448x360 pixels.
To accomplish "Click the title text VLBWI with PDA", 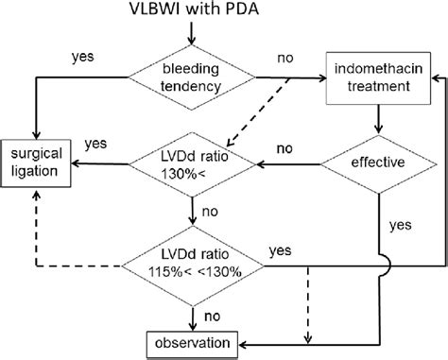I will pos(192,11).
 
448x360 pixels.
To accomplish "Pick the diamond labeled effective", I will pos(378,163).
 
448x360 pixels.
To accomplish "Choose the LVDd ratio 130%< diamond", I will pos(192,163).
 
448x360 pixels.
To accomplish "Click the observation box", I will pos(192,342).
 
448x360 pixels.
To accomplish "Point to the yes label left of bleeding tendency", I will pos(82,56).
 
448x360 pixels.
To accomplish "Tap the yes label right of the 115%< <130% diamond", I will pos(280,250).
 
